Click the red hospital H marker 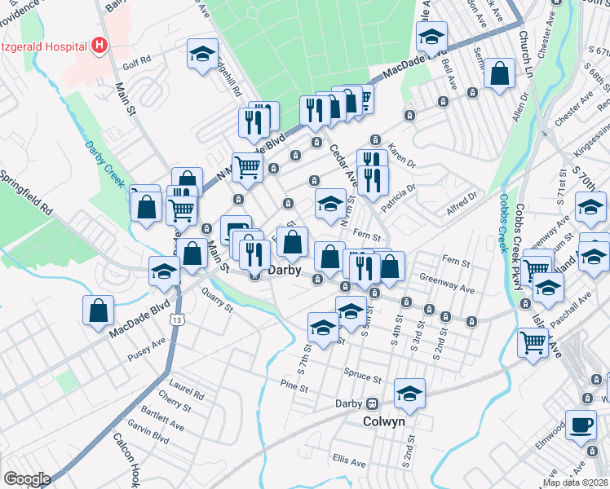point(99,44)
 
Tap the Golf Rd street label point(137,60)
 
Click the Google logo point(27,479)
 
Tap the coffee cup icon point(581,425)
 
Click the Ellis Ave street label point(347,461)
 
